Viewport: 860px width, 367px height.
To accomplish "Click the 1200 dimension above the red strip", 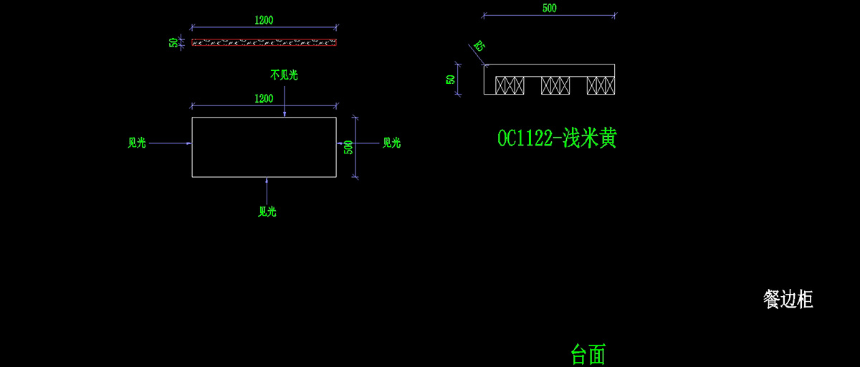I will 264,20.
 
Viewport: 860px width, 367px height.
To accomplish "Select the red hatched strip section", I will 264,42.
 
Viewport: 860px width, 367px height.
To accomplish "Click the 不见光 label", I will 284,74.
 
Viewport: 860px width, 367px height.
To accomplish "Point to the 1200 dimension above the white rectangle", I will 264,98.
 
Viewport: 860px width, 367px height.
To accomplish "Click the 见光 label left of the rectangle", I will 137,143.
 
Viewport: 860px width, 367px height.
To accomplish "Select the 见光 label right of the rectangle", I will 391,143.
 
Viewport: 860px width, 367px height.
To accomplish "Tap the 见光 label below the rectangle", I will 267,211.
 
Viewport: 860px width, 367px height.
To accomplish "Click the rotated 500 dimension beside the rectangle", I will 348,147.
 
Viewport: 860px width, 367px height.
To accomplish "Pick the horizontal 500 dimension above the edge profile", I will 549,9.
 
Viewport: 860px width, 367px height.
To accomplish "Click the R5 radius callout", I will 479,47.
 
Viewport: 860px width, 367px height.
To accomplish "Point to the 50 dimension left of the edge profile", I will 451,79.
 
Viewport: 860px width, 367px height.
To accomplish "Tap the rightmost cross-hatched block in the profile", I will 601,85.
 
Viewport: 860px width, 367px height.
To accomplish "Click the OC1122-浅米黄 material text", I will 557,138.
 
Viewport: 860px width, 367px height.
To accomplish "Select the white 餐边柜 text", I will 788,300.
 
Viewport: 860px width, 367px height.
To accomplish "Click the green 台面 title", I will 588,353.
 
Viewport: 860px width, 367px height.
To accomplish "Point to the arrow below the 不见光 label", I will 285,100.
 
